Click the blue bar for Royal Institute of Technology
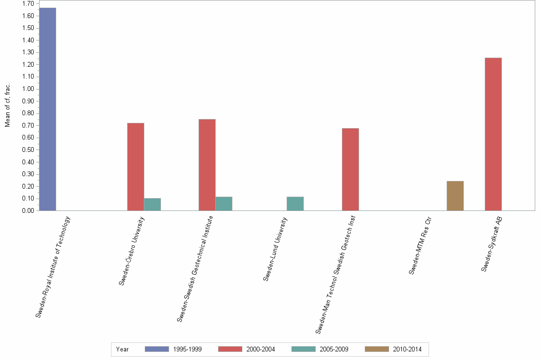coord(48,109)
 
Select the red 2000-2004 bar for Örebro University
coord(136,167)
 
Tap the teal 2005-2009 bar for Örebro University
coord(152,204)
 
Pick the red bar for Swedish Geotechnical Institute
coord(207,165)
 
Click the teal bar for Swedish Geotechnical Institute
coord(224,204)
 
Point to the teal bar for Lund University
coord(295,204)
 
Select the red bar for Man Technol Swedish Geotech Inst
coord(350,169)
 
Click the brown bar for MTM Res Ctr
coord(455,196)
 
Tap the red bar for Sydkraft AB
coord(493,134)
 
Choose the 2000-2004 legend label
coord(260,349)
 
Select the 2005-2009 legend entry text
coord(334,349)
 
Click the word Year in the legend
coord(122,349)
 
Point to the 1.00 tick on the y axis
coord(28,89)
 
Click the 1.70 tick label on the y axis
coord(28,4)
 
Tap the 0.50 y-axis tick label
coord(28,150)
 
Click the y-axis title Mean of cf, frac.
coord(8,106)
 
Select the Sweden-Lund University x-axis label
coord(276,249)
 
